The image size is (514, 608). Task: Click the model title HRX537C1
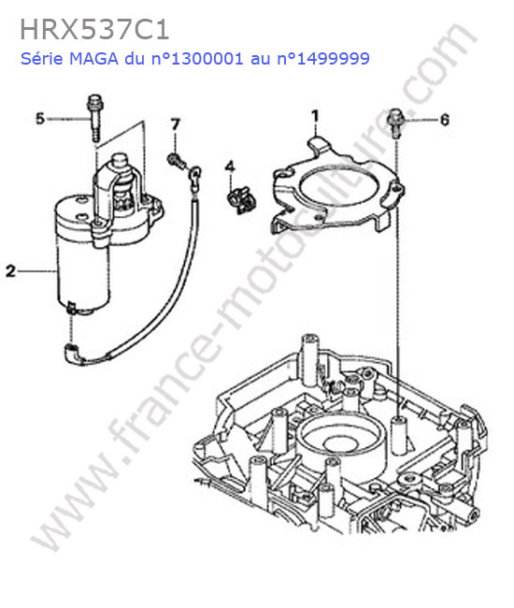point(94,30)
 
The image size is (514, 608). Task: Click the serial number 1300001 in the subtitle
point(207,59)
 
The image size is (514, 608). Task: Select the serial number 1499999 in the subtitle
point(333,59)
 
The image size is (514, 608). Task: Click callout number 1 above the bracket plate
point(316,116)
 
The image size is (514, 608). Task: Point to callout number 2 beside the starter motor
point(10,270)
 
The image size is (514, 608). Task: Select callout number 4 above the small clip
point(230,166)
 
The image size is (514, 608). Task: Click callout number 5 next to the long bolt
point(40,119)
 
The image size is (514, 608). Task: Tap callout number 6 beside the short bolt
point(445,120)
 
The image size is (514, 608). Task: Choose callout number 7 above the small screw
point(176,124)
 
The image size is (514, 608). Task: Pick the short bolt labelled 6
point(395,123)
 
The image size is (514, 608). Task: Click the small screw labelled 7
point(176,161)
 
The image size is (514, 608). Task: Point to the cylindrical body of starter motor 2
point(81,271)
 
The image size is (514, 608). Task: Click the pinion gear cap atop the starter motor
point(120,161)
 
